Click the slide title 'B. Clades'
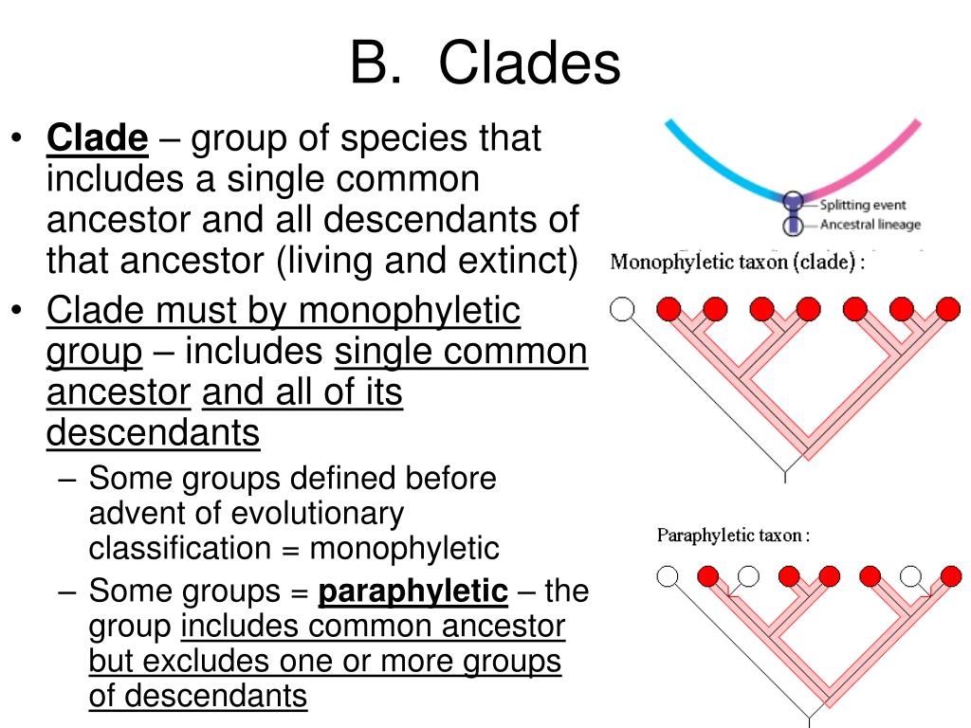tap(485, 64)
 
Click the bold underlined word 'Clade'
tap(98, 139)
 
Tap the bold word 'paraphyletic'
tap(413, 591)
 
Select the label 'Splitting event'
tap(863, 205)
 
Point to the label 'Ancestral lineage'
tap(870, 225)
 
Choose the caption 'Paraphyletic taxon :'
tap(733, 536)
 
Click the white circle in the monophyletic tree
tap(622, 309)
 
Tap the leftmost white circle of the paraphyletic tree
tap(668, 575)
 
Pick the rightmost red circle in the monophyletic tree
tap(948, 309)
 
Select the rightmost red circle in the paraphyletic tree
tap(952, 575)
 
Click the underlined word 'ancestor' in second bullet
tap(119, 392)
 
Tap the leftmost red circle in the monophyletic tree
tap(669, 309)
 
